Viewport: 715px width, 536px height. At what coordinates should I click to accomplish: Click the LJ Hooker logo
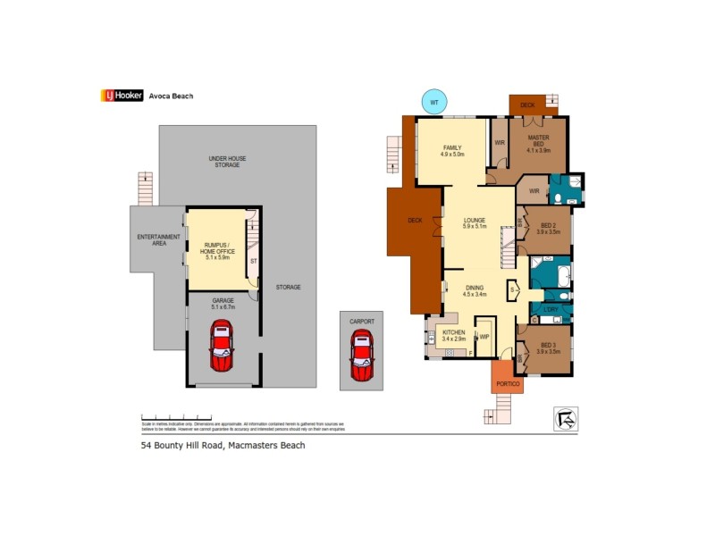pos(122,96)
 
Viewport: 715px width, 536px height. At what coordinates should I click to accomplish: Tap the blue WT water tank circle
pos(434,103)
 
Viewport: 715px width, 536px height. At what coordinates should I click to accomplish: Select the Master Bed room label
pos(538,144)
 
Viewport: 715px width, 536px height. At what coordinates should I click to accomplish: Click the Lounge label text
pos(474,222)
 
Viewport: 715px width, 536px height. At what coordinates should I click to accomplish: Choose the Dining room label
pos(475,289)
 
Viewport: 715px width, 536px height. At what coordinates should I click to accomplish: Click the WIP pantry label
pos(484,337)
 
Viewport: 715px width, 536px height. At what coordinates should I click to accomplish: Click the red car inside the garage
pos(221,347)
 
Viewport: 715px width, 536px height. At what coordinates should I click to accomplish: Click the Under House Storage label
pos(227,162)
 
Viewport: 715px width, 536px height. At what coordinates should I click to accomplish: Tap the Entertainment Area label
pos(158,239)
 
